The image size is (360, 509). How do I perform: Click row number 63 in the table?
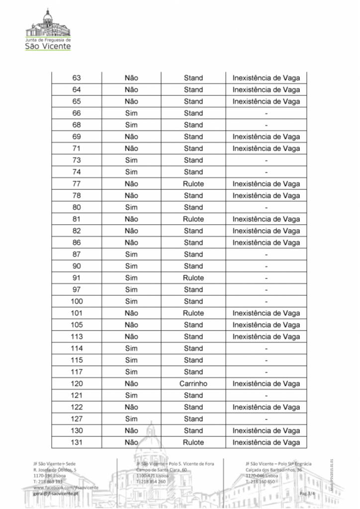pos(77,78)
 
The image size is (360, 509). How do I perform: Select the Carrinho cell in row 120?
pos(193,384)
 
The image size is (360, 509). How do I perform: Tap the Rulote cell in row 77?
pos(193,184)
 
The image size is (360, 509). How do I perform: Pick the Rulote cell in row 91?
pos(193,278)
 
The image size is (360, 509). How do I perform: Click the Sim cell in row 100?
pos(131,301)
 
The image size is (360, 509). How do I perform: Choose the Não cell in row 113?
pos(131,337)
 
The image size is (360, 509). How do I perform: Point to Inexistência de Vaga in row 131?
pos(266,442)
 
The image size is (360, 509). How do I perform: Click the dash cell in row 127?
pos(266,419)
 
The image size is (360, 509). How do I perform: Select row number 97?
pos(77,290)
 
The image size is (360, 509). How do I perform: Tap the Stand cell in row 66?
pos(193,113)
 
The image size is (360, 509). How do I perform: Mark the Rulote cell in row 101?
pos(193,313)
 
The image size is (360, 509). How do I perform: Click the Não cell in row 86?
pos(131,243)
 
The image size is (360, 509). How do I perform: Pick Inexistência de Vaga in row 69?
pos(266,137)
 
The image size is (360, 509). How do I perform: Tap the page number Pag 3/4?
pos(308,493)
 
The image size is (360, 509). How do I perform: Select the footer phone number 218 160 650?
pos(260,482)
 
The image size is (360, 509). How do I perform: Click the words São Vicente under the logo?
pos(48,46)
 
